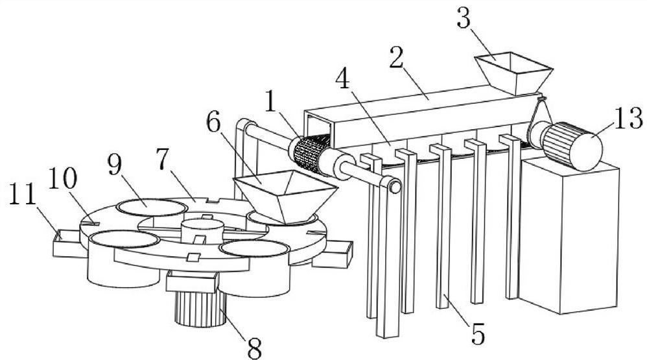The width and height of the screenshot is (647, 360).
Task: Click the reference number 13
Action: pos(625,119)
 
